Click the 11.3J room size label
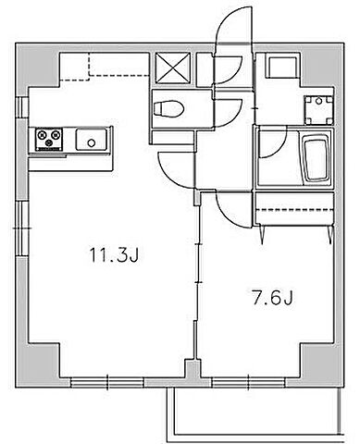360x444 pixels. click(x=114, y=254)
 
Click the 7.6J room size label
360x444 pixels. click(x=272, y=298)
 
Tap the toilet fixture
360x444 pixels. click(x=168, y=109)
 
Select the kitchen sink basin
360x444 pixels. click(x=92, y=140)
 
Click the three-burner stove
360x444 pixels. click(x=49, y=140)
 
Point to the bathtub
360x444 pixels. click(x=316, y=159)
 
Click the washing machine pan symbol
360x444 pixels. click(x=318, y=110)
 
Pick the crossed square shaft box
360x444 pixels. click(x=173, y=68)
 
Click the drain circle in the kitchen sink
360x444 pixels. click(x=92, y=142)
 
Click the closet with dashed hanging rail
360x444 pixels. click(x=294, y=209)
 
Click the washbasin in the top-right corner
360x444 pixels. click(x=284, y=66)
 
